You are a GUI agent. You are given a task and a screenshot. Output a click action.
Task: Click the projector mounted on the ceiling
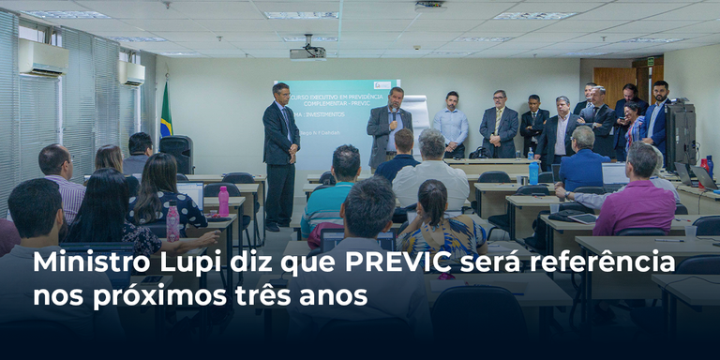307,52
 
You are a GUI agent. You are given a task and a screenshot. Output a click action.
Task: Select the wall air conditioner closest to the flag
131,72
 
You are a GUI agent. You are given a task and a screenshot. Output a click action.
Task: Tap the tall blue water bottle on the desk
533,172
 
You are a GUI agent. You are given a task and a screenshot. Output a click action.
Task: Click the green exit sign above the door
651,62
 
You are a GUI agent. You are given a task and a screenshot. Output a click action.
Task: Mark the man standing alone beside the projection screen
280,150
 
